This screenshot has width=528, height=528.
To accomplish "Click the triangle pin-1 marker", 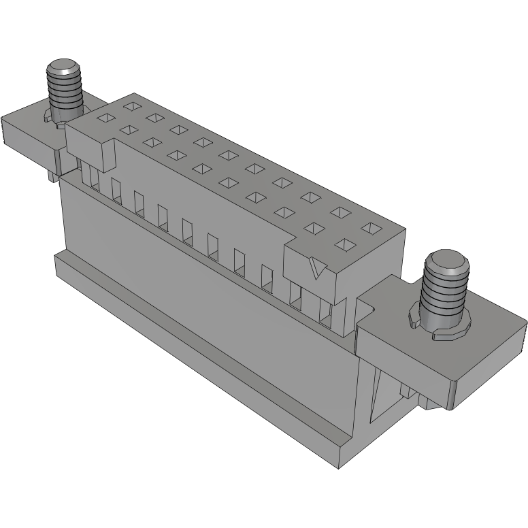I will [314, 269].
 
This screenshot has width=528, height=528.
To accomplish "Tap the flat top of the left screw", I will [63, 68].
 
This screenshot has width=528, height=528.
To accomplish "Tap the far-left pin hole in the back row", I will [130, 105].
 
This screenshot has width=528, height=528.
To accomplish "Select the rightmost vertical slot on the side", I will [325, 312].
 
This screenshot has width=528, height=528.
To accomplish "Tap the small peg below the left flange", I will [52, 176].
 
